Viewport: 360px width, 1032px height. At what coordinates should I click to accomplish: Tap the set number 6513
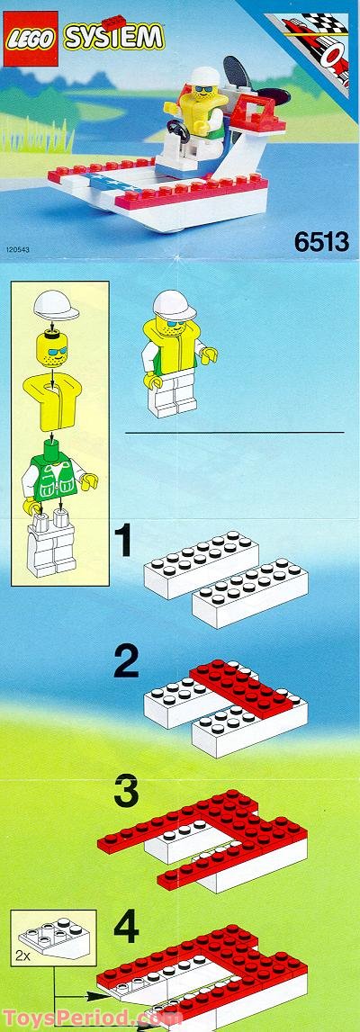pyautogui.click(x=319, y=242)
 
